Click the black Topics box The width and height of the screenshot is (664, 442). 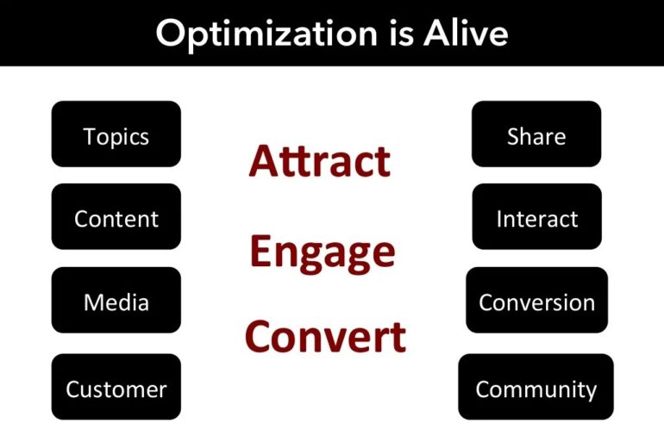[x=116, y=134]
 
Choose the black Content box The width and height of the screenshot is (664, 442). [x=116, y=217]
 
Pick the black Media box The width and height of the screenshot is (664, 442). [x=116, y=301]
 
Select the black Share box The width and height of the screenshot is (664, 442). [x=536, y=134]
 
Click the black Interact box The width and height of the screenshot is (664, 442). [x=536, y=217]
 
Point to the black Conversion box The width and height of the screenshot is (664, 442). [x=536, y=301]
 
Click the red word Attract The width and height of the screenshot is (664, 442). [x=319, y=161]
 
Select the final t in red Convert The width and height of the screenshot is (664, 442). [x=397, y=336]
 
